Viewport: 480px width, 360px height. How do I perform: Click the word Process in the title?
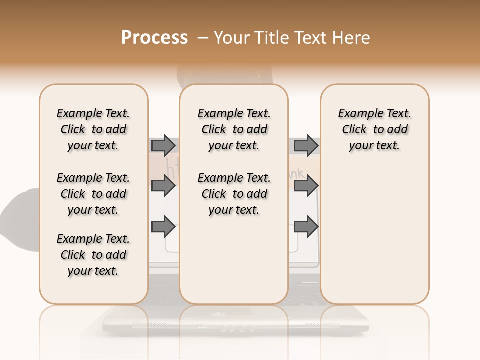point(154,38)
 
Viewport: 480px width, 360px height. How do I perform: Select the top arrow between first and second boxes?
point(163,146)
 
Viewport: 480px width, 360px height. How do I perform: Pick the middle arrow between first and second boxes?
point(163,186)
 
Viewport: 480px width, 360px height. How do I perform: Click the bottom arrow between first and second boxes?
point(163,227)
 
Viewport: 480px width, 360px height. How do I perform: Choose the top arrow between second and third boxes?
point(306,146)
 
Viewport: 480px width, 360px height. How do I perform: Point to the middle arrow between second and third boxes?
point(306,186)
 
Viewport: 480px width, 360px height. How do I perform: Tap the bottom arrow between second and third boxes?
point(306,227)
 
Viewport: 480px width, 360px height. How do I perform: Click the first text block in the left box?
point(93,129)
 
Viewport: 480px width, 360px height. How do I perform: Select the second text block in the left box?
point(93,194)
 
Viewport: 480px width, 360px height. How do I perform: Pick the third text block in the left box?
point(93,255)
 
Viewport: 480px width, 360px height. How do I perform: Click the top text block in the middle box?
point(234,129)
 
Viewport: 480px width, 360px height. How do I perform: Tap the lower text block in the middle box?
point(234,194)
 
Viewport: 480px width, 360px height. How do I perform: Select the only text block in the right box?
point(374,129)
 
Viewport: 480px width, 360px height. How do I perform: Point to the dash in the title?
point(202,38)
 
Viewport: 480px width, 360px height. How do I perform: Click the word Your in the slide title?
point(232,38)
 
